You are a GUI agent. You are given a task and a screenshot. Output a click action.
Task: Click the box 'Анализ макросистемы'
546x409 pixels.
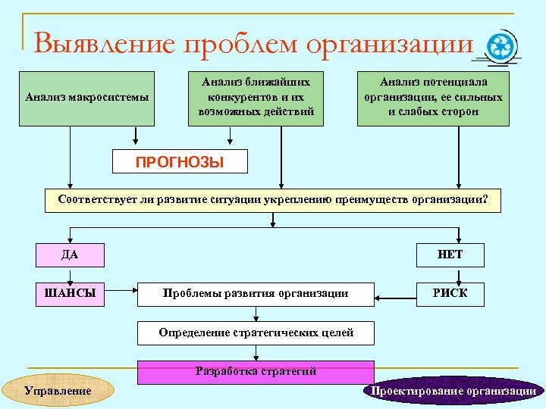(x=87, y=98)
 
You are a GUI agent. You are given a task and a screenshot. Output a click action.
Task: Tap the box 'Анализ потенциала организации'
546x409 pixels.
(x=433, y=98)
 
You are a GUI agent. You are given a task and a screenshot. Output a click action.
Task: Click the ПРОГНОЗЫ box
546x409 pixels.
(x=180, y=161)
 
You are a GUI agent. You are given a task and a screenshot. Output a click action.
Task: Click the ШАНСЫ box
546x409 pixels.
(x=71, y=293)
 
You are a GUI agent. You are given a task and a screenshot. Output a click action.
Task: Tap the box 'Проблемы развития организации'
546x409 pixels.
(x=256, y=294)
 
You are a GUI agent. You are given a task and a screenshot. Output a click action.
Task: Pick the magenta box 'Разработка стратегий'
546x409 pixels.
(x=256, y=372)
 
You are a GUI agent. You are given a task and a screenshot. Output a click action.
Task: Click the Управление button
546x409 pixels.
(x=58, y=390)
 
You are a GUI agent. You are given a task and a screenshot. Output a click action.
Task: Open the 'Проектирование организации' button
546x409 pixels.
(x=453, y=391)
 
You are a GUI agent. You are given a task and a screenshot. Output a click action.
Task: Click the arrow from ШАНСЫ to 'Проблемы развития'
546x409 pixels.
(x=121, y=293)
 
